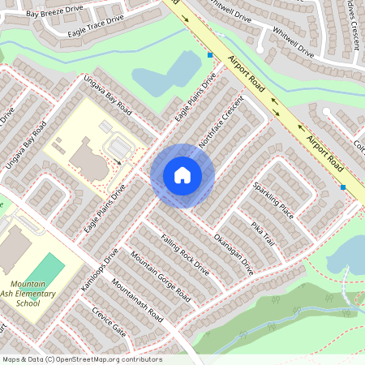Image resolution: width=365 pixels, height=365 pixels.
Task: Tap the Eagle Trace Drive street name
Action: coord(97,24)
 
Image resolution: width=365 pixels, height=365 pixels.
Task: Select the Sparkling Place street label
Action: coord(272,200)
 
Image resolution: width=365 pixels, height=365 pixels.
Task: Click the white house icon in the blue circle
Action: coord(182,175)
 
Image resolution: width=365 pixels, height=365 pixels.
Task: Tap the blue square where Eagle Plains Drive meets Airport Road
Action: coord(210,55)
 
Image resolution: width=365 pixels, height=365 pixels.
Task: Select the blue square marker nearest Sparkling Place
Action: coord(343,187)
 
